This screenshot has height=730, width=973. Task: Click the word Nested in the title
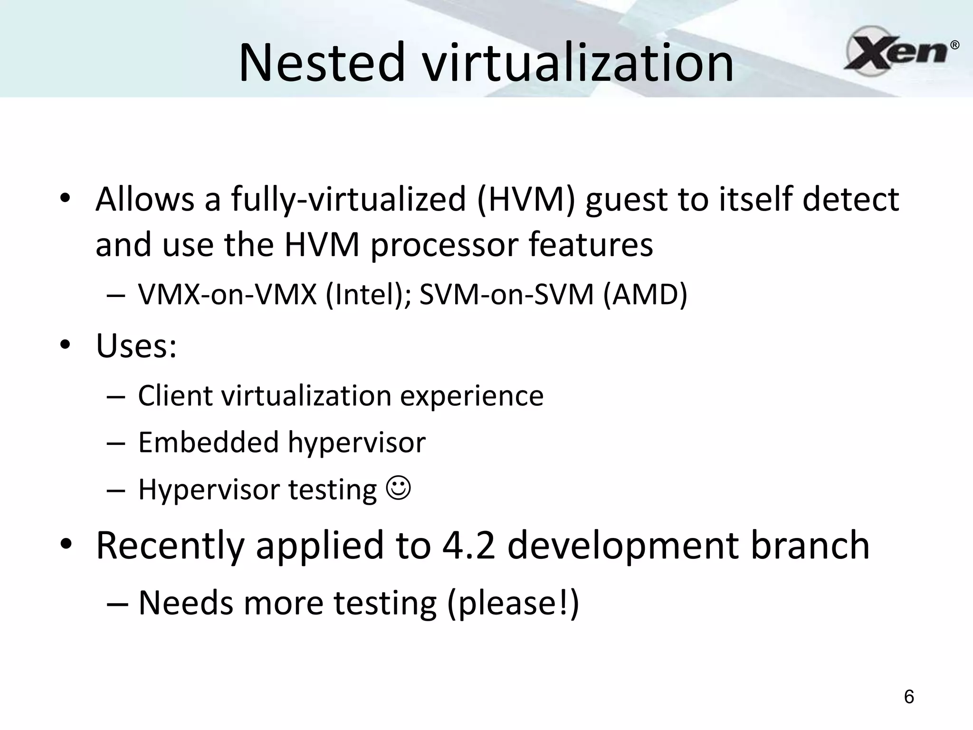322,62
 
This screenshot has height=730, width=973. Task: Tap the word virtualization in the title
578,62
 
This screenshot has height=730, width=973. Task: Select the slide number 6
909,696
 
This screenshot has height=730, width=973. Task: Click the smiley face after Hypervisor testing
399,488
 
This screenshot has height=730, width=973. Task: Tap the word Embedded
209,442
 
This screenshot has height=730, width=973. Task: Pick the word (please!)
513,603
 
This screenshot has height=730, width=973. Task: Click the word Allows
145,199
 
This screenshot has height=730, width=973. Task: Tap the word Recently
170,546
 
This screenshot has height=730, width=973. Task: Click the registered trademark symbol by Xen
954,46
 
